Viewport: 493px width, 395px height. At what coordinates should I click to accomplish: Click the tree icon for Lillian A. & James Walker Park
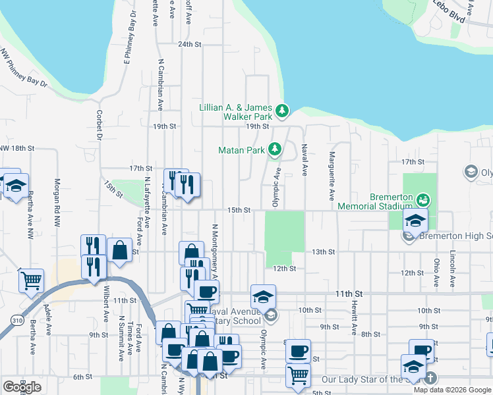[282, 111]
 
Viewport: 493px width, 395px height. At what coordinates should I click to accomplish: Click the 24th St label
[188, 44]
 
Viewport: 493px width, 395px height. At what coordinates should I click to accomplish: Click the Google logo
[22, 387]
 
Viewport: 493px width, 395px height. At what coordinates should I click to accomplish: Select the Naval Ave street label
[304, 161]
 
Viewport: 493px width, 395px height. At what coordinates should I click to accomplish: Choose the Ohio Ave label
[436, 272]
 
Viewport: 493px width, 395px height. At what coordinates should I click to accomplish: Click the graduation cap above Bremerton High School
[415, 220]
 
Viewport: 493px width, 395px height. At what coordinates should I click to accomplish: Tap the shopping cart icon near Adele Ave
[31, 280]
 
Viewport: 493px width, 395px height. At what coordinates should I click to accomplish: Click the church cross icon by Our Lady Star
[430, 378]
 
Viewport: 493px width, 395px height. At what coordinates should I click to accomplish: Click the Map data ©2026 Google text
[453, 389]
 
